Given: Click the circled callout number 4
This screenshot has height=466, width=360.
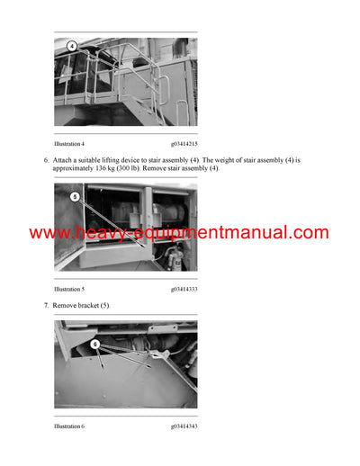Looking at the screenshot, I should point(72,46).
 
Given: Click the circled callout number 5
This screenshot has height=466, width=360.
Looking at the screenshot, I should point(76,196).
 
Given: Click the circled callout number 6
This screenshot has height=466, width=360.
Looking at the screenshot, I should point(94,344).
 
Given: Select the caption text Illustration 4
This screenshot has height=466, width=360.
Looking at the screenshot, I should point(69,144).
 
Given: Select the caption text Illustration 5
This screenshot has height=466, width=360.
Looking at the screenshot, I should point(69,289).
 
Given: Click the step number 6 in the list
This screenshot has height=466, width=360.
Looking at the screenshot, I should point(45,160).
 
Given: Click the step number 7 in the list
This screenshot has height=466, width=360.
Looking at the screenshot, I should point(45,306).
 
